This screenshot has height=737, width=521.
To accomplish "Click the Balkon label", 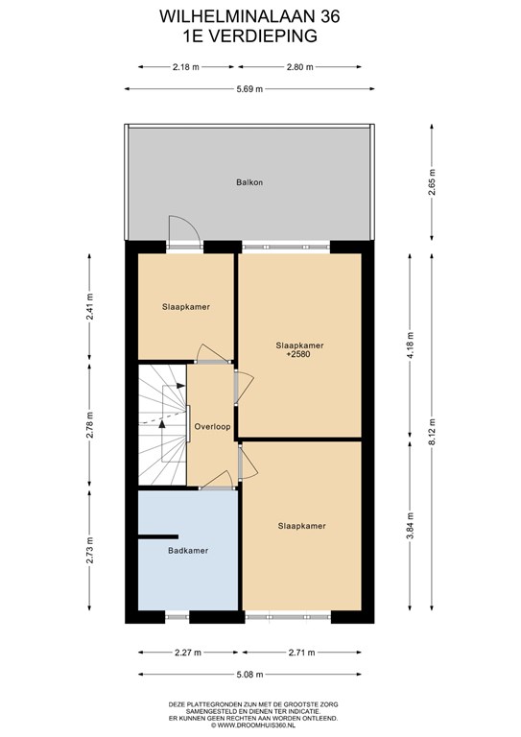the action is click(249, 182).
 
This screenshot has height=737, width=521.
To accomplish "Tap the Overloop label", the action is click(212, 427).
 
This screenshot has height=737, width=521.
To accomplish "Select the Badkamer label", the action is click(188, 551).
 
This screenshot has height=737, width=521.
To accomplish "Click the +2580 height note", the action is click(298, 354).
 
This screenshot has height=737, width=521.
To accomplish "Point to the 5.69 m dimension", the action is click(249, 89).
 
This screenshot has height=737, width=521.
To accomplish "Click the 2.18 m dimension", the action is click(185, 67).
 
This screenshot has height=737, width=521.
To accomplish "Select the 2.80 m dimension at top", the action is click(299, 67).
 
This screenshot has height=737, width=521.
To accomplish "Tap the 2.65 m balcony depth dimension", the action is click(432, 182).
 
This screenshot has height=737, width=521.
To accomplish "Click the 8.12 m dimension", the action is click(432, 432).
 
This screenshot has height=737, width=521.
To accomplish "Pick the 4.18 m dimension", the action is click(410, 345).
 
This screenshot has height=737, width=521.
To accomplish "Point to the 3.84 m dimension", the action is click(410, 526).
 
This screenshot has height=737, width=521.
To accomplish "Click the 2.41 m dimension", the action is click(89, 307).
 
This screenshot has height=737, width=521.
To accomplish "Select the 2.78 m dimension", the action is click(89, 425).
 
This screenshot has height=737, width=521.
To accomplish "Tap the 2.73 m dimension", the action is click(89, 551).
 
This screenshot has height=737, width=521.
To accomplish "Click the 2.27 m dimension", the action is click(188, 653).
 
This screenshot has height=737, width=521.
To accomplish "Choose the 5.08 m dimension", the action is click(249, 675).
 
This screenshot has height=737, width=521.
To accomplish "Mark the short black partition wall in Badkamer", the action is click(158, 536).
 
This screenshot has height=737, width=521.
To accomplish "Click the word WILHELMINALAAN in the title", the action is click(237, 17).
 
